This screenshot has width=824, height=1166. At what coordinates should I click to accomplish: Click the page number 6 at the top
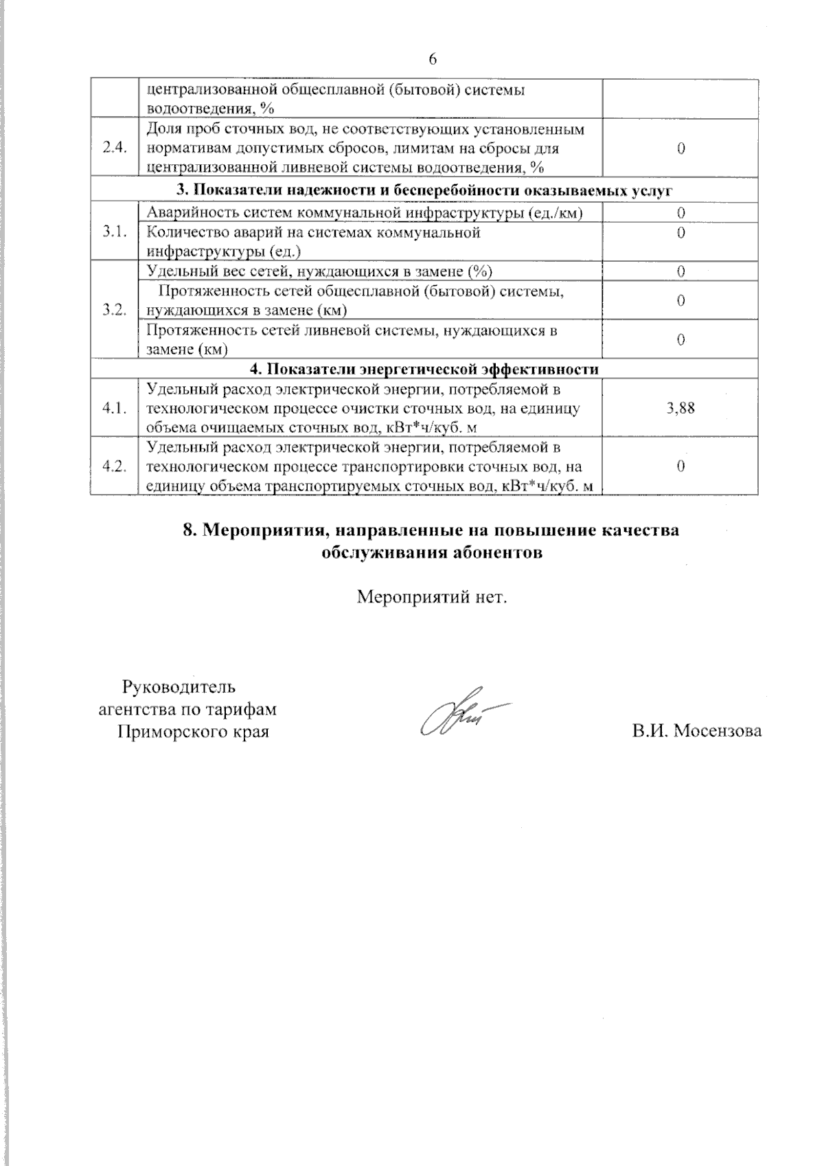[433, 59]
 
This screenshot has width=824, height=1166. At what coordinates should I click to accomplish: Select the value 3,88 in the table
[680, 408]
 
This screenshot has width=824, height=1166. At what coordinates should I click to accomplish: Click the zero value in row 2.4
[680, 148]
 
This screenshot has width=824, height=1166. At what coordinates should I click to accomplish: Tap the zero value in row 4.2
[680, 467]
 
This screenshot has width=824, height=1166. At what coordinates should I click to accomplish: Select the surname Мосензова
[718, 731]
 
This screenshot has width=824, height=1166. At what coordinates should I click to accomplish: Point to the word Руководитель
[179, 686]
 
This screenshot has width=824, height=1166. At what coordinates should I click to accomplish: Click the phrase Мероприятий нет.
[432, 596]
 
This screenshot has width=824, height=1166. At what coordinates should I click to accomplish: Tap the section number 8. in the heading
[192, 530]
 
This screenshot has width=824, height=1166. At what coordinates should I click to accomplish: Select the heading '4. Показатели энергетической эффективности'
[424, 369]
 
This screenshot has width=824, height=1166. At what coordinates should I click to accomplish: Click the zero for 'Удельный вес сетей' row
[680, 271]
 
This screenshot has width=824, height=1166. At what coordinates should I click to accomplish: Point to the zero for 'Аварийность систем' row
[680, 213]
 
